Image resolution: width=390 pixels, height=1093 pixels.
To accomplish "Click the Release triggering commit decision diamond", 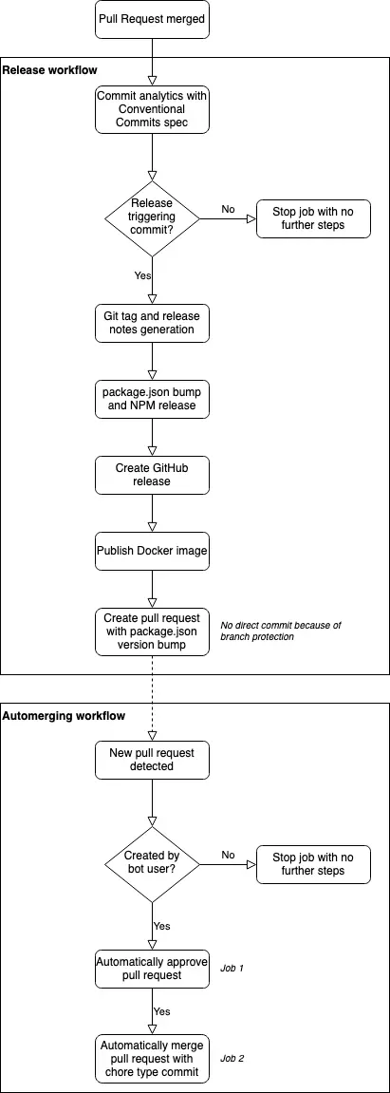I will point(151,218).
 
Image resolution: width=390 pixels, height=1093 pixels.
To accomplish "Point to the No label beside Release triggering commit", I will point(229,209).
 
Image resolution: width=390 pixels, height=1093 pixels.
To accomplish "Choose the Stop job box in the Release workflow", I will point(313,218).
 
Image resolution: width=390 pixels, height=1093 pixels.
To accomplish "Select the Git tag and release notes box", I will point(151,323).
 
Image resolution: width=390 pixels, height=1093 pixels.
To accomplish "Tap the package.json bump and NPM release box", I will point(151,399).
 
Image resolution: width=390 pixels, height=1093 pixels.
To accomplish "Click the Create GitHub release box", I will point(151,475).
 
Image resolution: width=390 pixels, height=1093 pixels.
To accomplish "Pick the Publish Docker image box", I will point(151,551).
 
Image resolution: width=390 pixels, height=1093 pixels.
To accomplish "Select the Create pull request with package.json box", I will point(151,631).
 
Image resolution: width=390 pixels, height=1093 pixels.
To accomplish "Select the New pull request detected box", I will point(151,760).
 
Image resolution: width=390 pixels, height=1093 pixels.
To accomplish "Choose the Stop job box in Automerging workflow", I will point(313,864).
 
